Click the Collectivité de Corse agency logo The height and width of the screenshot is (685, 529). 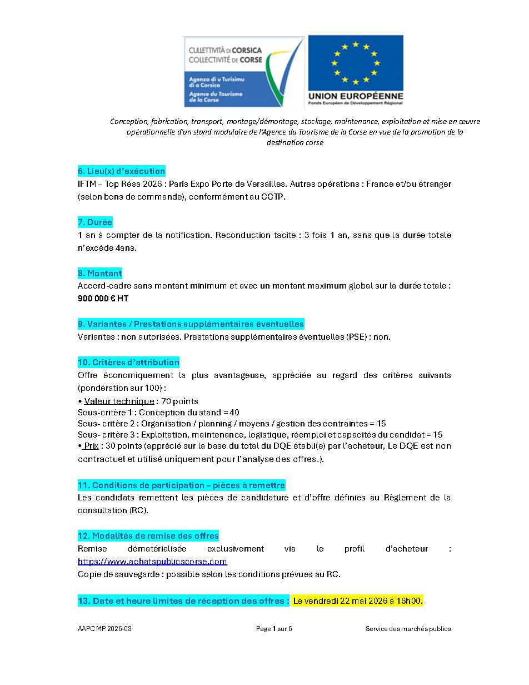[x=244, y=71]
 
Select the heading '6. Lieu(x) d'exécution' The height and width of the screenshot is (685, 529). [x=121, y=171]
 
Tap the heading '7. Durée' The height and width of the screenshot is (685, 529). [x=95, y=222]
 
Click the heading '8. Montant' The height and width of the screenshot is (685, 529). [x=100, y=274]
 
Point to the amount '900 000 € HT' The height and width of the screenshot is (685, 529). [x=103, y=299]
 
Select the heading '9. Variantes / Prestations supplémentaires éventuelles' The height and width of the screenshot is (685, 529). [x=191, y=324]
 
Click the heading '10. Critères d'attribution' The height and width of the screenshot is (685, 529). [x=128, y=363]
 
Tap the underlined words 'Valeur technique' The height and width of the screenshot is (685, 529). [x=119, y=401]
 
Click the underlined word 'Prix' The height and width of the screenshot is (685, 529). [x=91, y=446]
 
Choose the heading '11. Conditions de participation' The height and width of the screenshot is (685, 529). [x=181, y=486]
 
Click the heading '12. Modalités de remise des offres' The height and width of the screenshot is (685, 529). [x=148, y=537]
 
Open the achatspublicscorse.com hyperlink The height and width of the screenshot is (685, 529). [x=152, y=562]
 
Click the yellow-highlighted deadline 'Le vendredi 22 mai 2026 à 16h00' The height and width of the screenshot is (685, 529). [x=358, y=601]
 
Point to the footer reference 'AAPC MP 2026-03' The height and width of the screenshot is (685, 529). [x=104, y=629]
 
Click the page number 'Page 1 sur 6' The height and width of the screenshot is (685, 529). [x=274, y=629]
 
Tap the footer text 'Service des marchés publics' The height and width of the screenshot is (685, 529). [x=408, y=629]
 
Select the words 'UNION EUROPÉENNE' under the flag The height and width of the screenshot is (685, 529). [x=356, y=96]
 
